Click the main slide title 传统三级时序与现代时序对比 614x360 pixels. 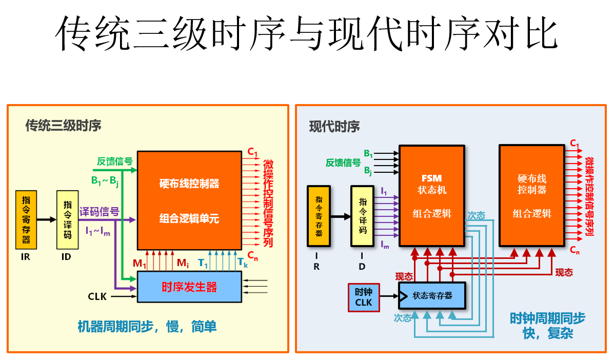click(x=306, y=32)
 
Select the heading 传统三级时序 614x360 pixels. click(x=64, y=126)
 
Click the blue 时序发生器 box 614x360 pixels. click(x=189, y=287)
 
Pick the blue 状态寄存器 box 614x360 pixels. click(x=432, y=296)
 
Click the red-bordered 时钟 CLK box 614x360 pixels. click(x=364, y=297)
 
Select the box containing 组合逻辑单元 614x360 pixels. click(x=189, y=201)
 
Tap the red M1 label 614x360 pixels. click(x=140, y=264)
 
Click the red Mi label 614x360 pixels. click(x=183, y=264)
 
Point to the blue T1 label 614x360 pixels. click(x=203, y=264)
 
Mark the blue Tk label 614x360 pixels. click(x=243, y=264)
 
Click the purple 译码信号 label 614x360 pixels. click(x=100, y=211)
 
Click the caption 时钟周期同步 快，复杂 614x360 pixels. click(x=547, y=326)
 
